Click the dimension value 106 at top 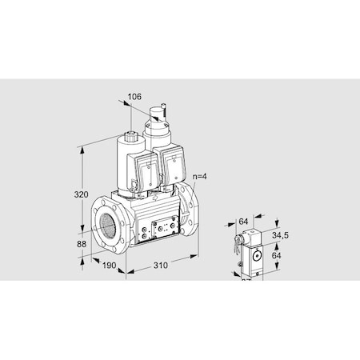pos(134,97)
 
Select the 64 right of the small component pos(277,256)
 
